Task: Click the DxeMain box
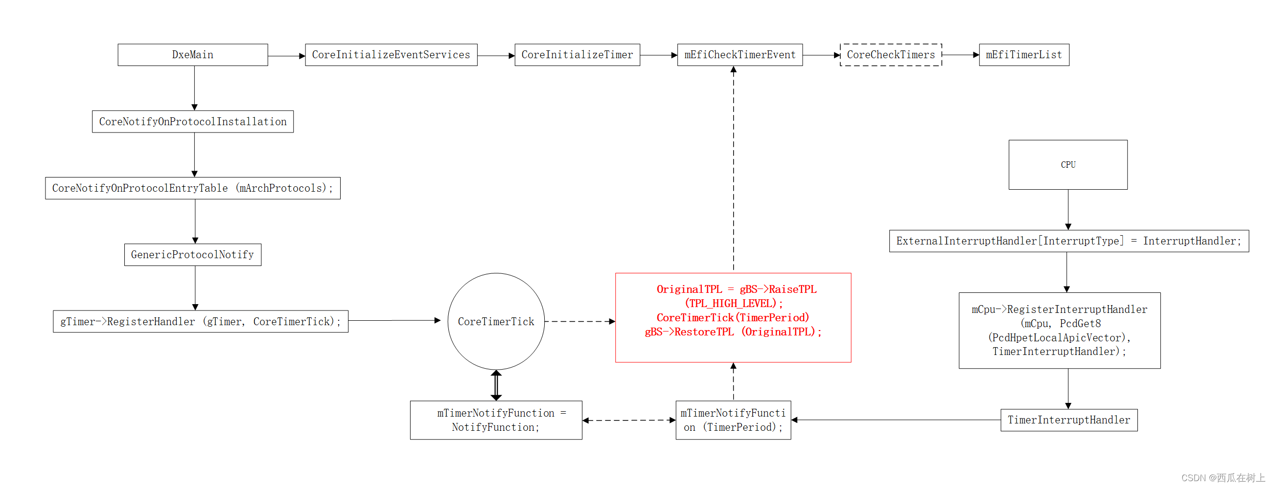click(193, 55)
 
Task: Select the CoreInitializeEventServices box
click(391, 55)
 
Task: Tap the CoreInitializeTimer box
click(577, 55)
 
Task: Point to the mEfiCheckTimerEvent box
click(740, 55)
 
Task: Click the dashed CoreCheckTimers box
click(890, 55)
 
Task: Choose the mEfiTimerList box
click(1023, 55)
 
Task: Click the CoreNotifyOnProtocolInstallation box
click(193, 121)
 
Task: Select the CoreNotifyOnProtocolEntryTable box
click(193, 188)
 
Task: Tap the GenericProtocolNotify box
click(193, 255)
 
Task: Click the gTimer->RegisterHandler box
click(200, 322)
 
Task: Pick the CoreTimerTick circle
click(496, 322)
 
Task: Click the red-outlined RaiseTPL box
click(733, 318)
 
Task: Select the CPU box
click(1067, 164)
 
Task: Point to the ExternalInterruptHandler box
click(1068, 241)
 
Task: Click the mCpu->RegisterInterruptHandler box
click(1059, 331)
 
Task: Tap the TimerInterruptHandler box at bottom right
click(1068, 420)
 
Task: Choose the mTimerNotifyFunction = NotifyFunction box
click(496, 420)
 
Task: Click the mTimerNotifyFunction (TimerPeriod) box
click(733, 420)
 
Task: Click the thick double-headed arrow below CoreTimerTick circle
click(496, 385)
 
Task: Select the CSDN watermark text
click(1222, 478)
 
